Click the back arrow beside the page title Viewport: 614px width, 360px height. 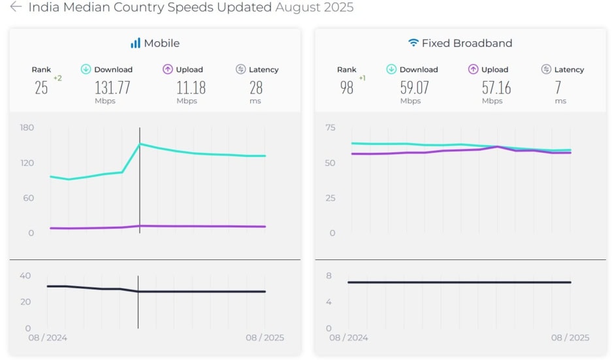(16, 7)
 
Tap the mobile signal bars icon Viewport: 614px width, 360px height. (135, 43)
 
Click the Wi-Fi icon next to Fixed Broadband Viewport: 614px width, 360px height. (413, 43)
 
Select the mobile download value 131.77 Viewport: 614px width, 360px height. (113, 88)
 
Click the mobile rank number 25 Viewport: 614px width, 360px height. (41, 88)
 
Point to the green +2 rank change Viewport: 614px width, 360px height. (57, 78)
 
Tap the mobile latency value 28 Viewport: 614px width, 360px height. (255, 88)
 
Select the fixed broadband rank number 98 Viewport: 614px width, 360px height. (347, 88)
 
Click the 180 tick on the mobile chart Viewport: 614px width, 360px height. (27, 127)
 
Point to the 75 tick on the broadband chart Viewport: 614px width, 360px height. (331, 127)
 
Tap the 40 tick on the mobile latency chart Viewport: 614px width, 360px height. (25, 276)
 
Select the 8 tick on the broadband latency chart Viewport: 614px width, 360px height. (329, 276)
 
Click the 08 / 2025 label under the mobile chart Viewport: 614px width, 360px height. (265, 338)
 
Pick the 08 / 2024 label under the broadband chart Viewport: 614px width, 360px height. (348, 338)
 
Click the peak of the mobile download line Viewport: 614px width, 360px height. (140, 144)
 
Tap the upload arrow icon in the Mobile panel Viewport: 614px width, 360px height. (168, 69)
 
